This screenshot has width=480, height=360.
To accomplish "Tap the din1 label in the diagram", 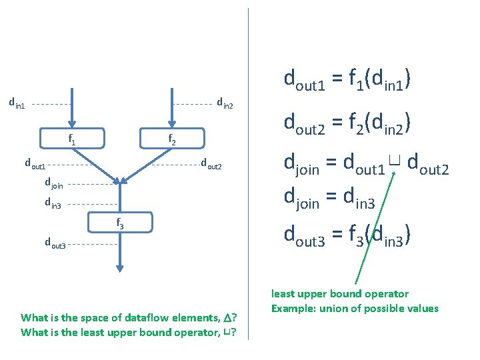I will [x=17, y=103].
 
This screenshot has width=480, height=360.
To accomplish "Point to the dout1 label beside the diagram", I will [x=35, y=163].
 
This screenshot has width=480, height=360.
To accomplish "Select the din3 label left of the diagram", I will [x=53, y=203].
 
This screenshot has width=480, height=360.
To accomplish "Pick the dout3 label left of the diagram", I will [x=55, y=243].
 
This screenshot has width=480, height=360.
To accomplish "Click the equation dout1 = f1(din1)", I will [x=347, y=80].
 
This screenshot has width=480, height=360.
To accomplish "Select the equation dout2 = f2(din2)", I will [x=347, y=123].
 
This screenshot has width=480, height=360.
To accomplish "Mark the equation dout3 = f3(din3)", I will [x=347, y=235].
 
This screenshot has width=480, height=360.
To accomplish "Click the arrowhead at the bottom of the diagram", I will [x=120, y=268].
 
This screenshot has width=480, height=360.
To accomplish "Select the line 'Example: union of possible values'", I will [x=355, y=308].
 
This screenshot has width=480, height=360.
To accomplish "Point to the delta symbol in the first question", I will [x=227, y=318].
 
